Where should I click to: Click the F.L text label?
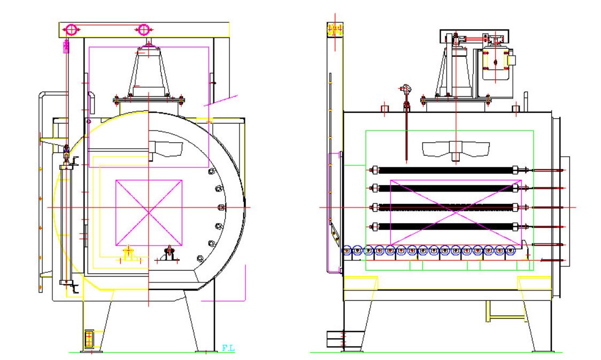click(x=228, y=348)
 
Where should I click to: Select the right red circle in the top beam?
click(x=143, y=29)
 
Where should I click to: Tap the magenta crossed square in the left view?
click(x=149, y=213)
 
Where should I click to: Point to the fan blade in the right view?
click(x=456, y=149)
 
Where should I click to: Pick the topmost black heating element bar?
click(x=445, y=170)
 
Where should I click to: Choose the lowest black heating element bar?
click(x=445, y=227)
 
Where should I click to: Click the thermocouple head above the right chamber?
click(x=405, y=89)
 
